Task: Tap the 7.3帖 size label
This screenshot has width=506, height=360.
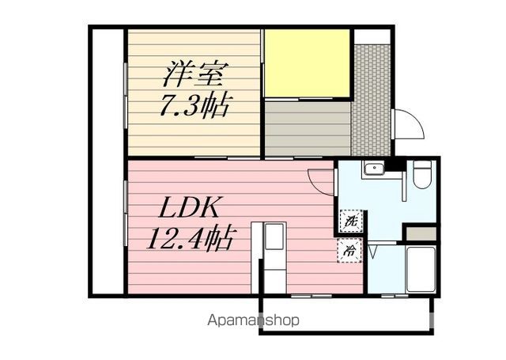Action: coord(194,104)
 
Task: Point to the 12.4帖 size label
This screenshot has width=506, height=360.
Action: coord(190,239)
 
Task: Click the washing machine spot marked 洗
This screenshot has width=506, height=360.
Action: coord(351,221)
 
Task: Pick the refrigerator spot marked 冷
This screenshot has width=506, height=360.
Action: coord(349,251)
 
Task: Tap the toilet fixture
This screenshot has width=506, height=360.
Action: coord(422,174)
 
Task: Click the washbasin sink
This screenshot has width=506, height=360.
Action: coord(373,168)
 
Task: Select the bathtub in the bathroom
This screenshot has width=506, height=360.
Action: coord(421,270)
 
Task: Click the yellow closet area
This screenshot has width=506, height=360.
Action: coord(308,63)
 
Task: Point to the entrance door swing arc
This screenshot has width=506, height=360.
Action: coord(410,124)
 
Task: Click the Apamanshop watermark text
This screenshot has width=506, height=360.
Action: coord(253,320)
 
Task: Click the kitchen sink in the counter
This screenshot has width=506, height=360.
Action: coord(274,237)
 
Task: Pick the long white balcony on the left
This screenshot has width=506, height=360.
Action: coord(108,161)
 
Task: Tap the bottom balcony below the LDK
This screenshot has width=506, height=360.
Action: coord(346,315)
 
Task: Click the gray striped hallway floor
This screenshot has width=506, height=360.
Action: coord(308,129)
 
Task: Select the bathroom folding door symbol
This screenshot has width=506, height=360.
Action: coord(372,252)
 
